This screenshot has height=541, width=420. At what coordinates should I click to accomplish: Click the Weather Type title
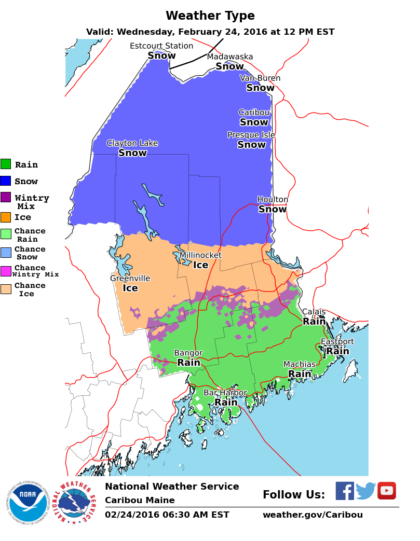(x=210, y=16)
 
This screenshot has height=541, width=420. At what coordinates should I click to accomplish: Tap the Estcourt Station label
(x=161, y=46)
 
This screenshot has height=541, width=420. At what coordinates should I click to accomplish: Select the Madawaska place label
(x=230, y=57)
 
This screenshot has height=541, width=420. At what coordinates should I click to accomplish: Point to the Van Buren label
(x=260, y=78)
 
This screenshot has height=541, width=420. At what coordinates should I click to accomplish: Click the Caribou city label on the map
(x=254, y=113)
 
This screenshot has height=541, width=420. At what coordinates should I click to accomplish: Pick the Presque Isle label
(x=251, y=135)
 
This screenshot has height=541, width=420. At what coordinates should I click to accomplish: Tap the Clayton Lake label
(x=132, y=143)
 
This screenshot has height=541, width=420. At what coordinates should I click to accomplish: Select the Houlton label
(x=273, y=200)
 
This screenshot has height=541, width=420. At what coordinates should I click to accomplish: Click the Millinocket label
(x=200, y=255)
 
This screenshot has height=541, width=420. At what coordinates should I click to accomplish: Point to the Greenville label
(x=130, y=279)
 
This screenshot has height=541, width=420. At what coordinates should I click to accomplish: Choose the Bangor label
(x=188, y=353)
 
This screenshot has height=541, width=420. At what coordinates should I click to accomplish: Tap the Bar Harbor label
(x=225, y=393)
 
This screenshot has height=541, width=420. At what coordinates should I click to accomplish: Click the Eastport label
(x=337, y=341)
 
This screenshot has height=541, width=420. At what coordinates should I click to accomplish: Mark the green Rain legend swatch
(x=6, y=164)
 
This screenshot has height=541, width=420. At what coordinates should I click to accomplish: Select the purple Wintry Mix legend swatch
(x=6, y=197)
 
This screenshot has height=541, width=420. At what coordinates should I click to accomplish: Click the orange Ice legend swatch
(x=6, y=217)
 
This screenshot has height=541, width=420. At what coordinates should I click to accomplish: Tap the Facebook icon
(x=344, y=491)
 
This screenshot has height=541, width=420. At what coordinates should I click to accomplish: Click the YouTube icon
(x=387, y=491)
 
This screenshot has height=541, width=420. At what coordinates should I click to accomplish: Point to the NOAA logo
(x=28, y=502)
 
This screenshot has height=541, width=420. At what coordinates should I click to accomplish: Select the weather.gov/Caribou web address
(x=313, y=515)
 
